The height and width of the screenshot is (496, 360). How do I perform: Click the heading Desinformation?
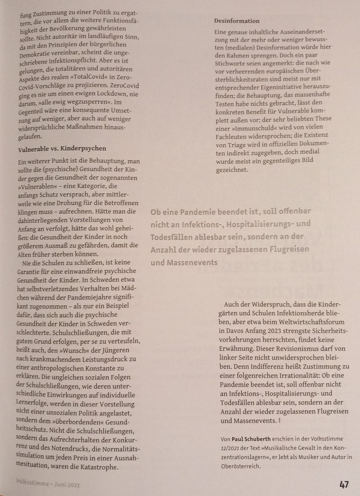click(x=237, y=21)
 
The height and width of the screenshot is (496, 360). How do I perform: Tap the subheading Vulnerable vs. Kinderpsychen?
click(x=62, y=148)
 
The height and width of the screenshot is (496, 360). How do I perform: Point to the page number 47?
click(x=344, y=484)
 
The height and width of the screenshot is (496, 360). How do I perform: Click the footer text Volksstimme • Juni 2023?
click(x=48, y=484)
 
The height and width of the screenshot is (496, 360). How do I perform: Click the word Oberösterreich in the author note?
click(x=241, y=466)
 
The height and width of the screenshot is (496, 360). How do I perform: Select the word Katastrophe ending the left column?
click(x=99, y=467)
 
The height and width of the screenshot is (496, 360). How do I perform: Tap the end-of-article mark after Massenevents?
click(x=279, y=420)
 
